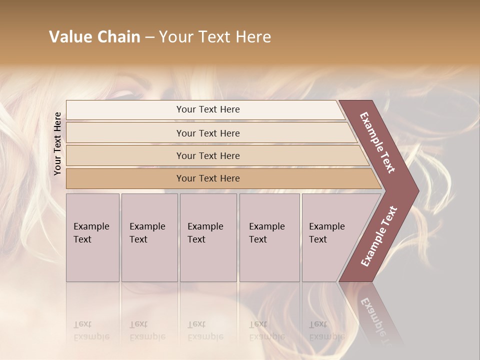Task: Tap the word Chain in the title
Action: (x=118, y=37)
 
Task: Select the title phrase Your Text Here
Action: (x=215, y=37)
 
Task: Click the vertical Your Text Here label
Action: (x=57, y=143)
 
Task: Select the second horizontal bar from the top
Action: (x=208, y=133)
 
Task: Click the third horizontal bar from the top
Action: (x=208, y=155)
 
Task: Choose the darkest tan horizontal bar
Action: (x=208, y=178)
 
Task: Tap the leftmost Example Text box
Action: (x=92, y=237)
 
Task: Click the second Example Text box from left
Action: (x=149, y=237)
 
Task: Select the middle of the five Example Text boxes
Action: (x=208, y=237)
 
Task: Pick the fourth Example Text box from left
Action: (x=269, y=237)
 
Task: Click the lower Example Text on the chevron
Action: (x=379, y=236)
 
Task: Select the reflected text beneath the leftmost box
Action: (x=91, y=330)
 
